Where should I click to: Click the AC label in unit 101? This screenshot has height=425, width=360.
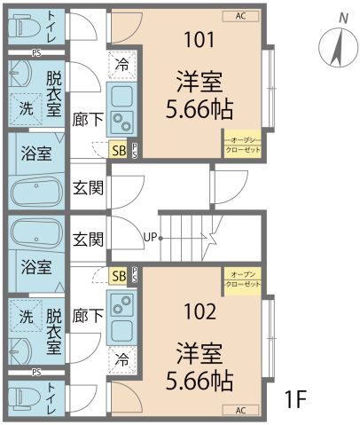click(x=240, y=16)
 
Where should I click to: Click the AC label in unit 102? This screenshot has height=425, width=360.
click(x=240, y=410)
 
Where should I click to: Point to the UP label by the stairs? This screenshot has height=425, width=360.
click(x=151, y=237)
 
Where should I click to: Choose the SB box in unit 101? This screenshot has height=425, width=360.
click(x=118, y=150)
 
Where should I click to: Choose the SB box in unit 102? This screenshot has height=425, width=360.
click(x=118, y=276)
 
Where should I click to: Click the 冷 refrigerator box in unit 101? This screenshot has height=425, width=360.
click(x=121, y=64)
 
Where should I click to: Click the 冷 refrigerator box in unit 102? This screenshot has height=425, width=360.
click(x=121, y=361)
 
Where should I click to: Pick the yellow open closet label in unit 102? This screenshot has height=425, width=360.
click(x=242, y=280)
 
